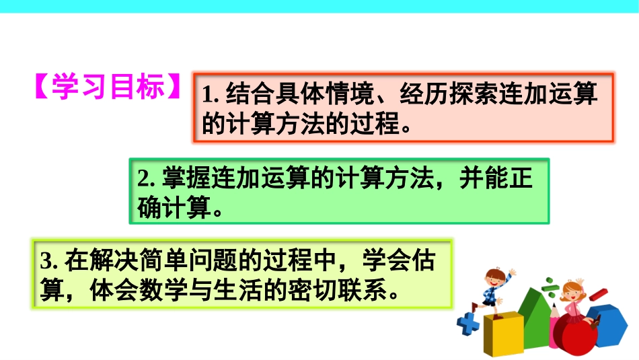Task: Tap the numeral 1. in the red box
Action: (211, 94)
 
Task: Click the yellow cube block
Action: (504, 334)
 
